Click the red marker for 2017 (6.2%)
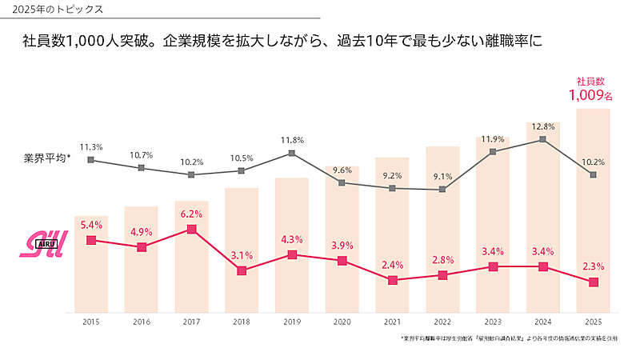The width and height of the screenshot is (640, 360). (x=192, y=229)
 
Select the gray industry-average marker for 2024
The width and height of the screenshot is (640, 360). (x=543, y=139)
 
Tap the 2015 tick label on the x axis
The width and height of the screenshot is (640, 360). (x=91, y=321)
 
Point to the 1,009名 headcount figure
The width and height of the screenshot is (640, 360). (x=590, y=95)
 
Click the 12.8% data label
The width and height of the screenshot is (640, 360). (x=543, y=126)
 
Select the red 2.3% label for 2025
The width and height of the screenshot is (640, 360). (x=593, y=266)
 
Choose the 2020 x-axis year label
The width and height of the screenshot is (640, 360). (x=342, y=321)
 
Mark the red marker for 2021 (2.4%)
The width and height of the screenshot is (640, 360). (x=392, y=280)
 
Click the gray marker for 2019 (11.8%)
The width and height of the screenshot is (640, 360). (x=292, y=153)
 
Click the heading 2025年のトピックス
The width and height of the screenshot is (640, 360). (x=53, y=10)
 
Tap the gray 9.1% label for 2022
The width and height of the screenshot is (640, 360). (x=442, y=176)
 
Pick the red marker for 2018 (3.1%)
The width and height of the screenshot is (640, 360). (x=242, y=270)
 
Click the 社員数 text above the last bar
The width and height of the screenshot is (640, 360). (x=590, y=81)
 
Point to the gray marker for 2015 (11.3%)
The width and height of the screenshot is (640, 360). (x=91, y=160)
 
